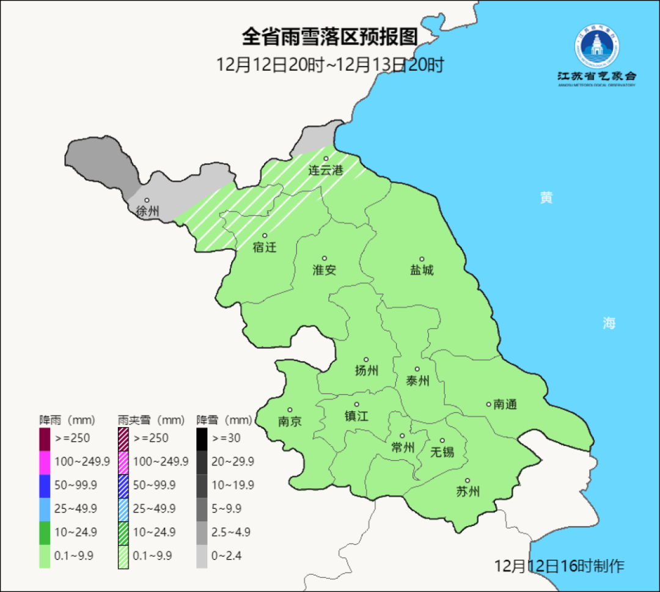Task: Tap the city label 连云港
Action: pyautogui.click(x=325, y=170)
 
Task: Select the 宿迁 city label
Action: pyautogui.click(x=265, y=247)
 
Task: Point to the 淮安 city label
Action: pyautogui.click(x=324, y=269)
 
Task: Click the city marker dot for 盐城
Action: pyautogui.click(x=421, y=259)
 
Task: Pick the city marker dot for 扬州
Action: pyautogui.click(x=366, y=360)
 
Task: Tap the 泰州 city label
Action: pyautogui.click(x=417, y=381)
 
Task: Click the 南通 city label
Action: pyautogui.click(x=505, y=404)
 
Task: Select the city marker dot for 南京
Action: pyautogui.click(x=290, y=410)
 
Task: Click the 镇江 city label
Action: pyautogui.click(x=356, y=415)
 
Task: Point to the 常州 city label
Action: pyautogui.click(x=403, y=447)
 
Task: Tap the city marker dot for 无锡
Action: pyautogui.click(x=442, y=440)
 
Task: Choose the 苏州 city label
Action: pyautogui.click(x=468, y=492)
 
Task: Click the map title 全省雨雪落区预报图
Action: pyautogui.click(x=329, y=37)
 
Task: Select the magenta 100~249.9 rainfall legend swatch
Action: pyautogui.click(x=45, y=461)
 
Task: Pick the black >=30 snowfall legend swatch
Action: pyautogui.click(x=202, y=438)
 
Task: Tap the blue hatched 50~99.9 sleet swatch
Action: pyautogui.click(x=123, y=484)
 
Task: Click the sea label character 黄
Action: pyautogui.click(x=546, y=197)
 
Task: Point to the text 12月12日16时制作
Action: pyautogui.click(x=559, y=566)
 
